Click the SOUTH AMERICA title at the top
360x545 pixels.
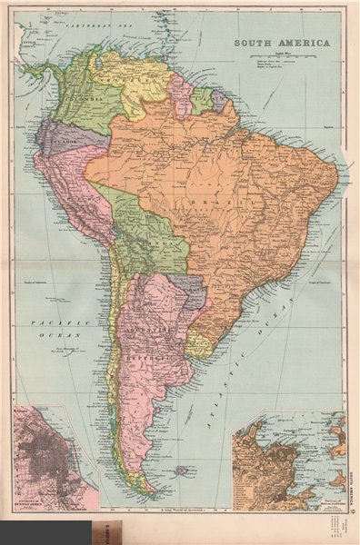288,43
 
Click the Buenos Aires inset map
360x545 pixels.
55,459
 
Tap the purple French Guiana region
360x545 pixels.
219,99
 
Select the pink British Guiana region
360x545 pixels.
182,94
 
